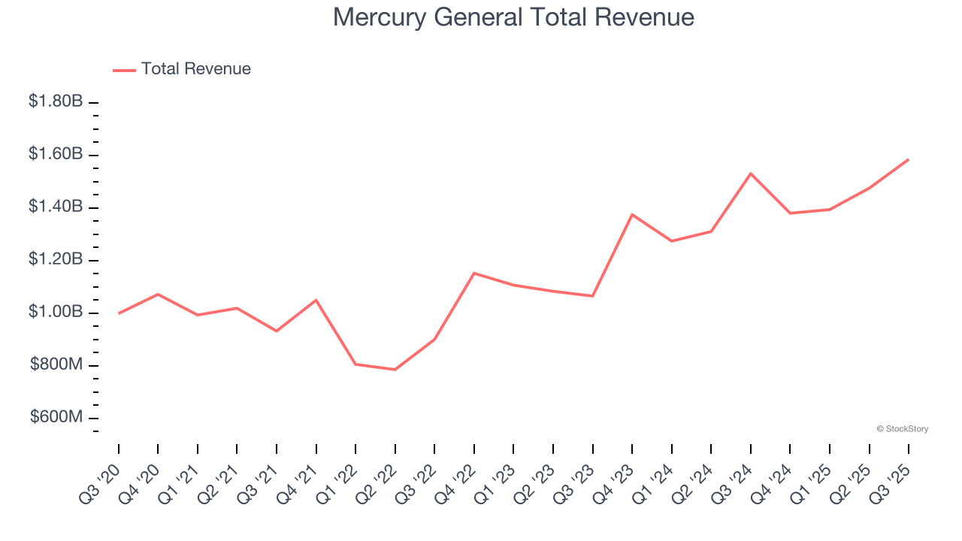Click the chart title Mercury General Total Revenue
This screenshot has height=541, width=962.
[x=513, y=17]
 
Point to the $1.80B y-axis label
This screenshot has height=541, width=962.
[x=56, y=101]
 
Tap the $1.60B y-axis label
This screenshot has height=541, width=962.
[x=56, y=154]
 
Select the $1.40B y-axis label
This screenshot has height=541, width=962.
[x=56, y=207]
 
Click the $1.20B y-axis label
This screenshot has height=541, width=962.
[x=56, y=259]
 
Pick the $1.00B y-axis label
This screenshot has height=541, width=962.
[x=56, y=312]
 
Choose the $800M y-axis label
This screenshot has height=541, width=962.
[x=57, y=365]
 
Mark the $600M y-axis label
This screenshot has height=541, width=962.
[x=57, y=418]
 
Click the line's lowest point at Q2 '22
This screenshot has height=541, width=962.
[x=395, y=370]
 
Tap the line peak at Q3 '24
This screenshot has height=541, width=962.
[x=751, y=174]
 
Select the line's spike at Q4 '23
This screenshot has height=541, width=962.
[x=632, y=214]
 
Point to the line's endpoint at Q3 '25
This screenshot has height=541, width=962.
[x=909, y=159]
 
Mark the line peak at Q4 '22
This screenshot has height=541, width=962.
[x=474, y=273]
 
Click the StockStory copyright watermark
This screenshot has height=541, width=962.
[x=903, y=429]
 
